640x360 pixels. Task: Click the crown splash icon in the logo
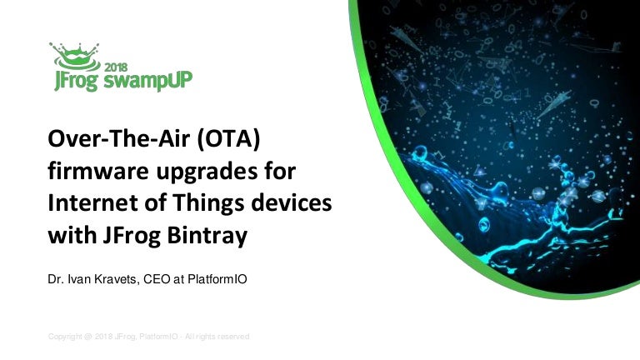(75, 57)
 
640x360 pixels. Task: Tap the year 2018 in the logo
(116, 67)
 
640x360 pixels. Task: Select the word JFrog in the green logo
(76, 81)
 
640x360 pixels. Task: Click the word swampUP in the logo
(147, 80)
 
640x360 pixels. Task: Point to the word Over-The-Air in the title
(119, 139)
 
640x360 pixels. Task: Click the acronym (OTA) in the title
(228, 139)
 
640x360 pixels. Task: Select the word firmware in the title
(98, 171)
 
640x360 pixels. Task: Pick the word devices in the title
(291, 202)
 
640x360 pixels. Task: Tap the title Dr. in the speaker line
(55, 279)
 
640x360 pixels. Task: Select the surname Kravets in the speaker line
(117, 279)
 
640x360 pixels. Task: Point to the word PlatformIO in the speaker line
(217, 279)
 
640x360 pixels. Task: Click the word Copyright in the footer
(65, 337)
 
